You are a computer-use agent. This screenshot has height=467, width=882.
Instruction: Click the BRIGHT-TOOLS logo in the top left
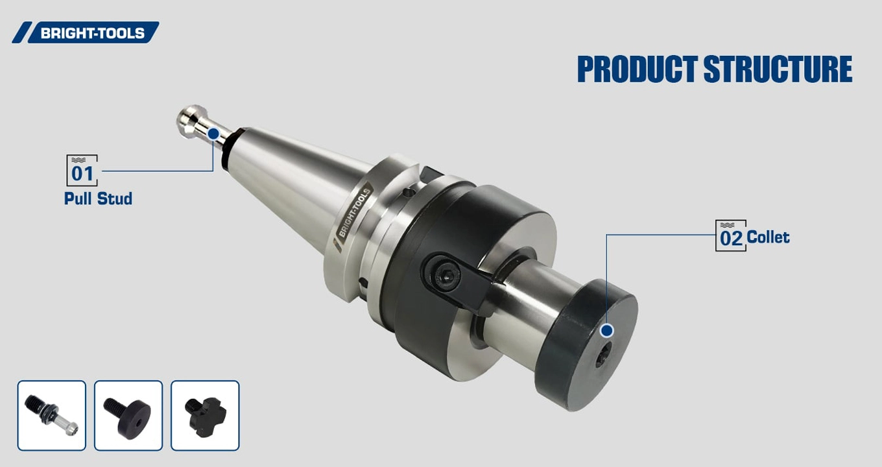coord(86,32)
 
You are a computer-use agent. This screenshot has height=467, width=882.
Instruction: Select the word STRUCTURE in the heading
coord(778,69)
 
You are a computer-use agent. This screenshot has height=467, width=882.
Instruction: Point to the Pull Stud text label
coord(98,198)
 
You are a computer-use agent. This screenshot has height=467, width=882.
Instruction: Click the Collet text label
coord(768,237)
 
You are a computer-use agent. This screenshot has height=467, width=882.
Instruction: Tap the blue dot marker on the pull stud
coord(213,134)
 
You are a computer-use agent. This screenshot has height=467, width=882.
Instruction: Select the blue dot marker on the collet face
coord(607,331)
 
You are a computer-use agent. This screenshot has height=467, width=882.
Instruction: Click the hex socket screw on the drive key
coord(447,277)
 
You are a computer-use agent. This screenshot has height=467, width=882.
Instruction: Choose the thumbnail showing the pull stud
coord(51,416)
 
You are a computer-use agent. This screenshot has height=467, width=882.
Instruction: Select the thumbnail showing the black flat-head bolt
coord(128,416)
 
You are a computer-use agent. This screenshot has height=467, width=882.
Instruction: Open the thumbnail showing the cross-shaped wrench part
coord(205,416)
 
